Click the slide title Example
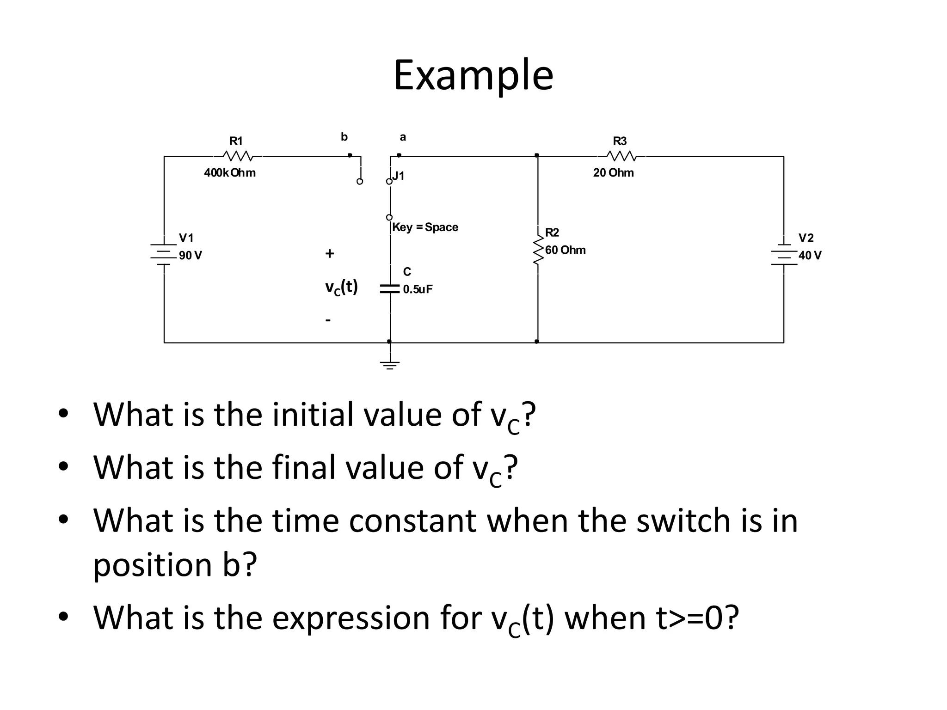pyautogui.click(x=473, y=75)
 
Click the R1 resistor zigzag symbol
pyautogui.click(x=237, y=156)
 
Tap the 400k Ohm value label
pyautogui.click(x=230, y=173)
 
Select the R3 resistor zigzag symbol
pyautogui.click(x=621, y=156)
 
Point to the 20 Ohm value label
pyautogui.click(x=613, y=173)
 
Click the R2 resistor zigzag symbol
pyautogui.click(x=538, y=251)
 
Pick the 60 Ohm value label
pyautogui.click(x=565, y=250)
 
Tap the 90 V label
pyautogui.click(x=191, y=256)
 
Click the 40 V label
pyautogui.click(x=810, y=256)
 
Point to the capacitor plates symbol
pyautogui.click(x=390, y=289)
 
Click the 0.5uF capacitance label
pyautogui.click(x=418, y=289)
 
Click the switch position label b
pyautogui.click(x=344, y=137)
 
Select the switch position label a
pyautogui.click(x=403, y=137)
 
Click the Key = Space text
pyautogui.click(x=425, y=227)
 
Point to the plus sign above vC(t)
pyautogui.click(x=329, y=253)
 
